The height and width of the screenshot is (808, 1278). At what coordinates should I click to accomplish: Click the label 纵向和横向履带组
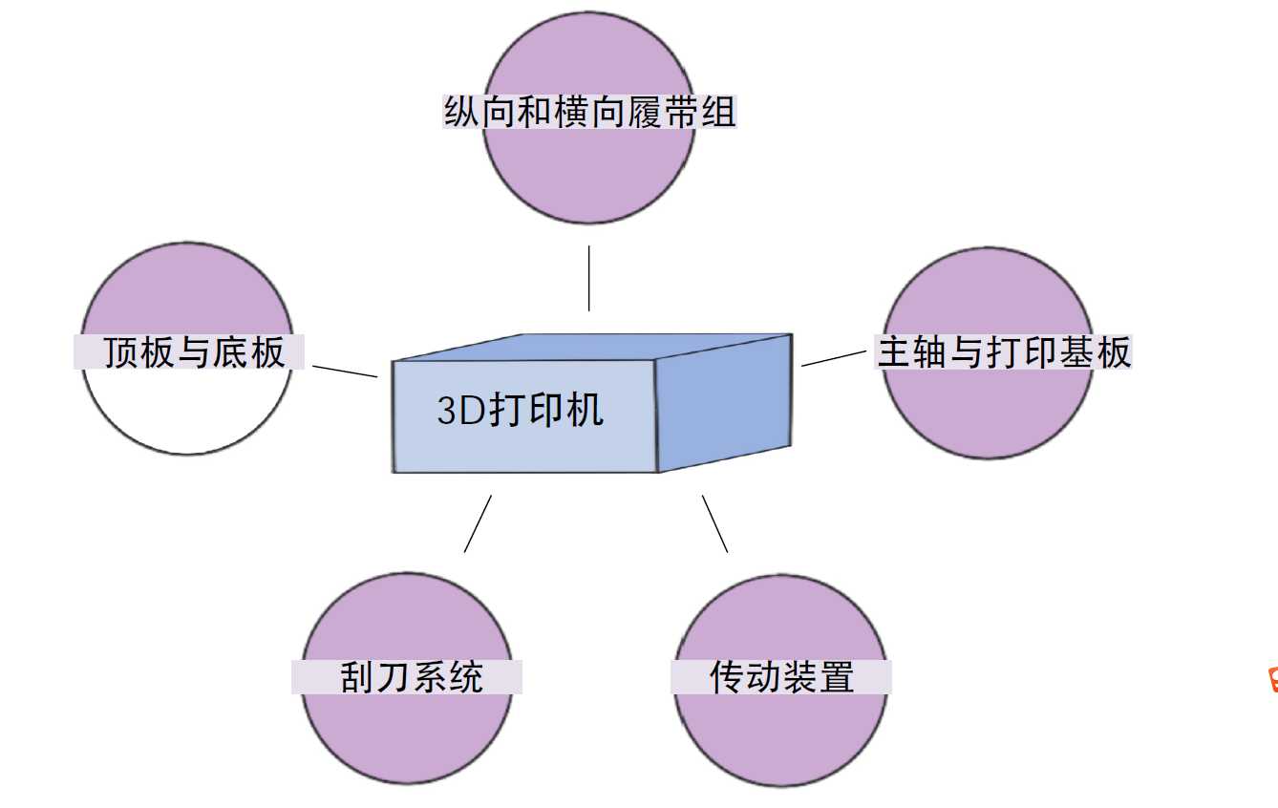pyautogui.click(x=589, y=113)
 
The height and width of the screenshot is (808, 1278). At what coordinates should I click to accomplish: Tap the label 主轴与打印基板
pyautogui.click(x=1004, y=352)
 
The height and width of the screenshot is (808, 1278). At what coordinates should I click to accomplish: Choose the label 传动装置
pyautogui.click(x=781, y=677)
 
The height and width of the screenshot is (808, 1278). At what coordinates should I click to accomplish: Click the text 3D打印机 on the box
pyautogui.click(x=521, y=411)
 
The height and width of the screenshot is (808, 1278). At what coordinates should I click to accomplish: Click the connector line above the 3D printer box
pyautogui.click(x=588, y=278)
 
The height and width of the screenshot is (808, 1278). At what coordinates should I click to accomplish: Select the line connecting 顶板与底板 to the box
pyautogui.click(x=345, y=371)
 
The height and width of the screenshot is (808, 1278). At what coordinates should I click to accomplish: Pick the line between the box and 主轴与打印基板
pyautogui.click(x=834, y=357)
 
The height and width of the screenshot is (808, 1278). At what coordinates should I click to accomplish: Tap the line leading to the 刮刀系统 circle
pyautogui.click(x=478, y=523)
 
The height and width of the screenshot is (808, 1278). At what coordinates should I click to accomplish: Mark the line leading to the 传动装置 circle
pyautogui.click(x=715, y=523)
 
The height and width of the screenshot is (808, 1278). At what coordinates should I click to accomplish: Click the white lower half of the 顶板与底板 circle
pyautogui.click(x=186, y=411)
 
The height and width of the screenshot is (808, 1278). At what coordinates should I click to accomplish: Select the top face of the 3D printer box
pyautogui.click(x=592, y=347)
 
